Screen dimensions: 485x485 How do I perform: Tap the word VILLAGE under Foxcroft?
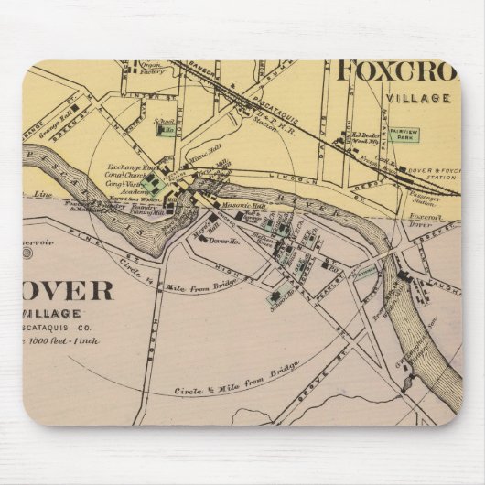[418, 97]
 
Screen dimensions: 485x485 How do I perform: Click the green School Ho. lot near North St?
[167, 130]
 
